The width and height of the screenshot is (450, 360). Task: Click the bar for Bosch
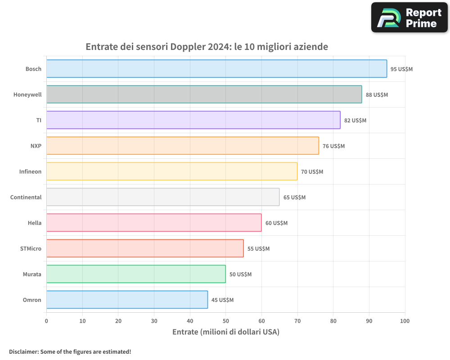216,69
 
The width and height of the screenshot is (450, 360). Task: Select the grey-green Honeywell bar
204,94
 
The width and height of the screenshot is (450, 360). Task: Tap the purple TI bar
193,120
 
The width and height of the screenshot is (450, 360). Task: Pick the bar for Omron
127,300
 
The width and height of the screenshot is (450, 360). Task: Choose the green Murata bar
136,274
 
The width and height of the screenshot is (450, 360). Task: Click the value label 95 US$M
401,69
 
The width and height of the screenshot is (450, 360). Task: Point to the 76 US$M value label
333,146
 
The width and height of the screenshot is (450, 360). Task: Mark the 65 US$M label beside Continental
294,198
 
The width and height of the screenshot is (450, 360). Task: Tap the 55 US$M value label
258,249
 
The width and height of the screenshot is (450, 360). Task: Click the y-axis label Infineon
30,171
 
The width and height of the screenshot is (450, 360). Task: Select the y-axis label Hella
34,223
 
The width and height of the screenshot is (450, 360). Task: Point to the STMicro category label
31,248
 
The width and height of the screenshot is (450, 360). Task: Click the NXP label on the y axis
36,146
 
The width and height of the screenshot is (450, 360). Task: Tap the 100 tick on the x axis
405,321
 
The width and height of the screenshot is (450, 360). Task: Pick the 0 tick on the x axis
46,321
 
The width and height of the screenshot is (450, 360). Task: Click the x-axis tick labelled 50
225,321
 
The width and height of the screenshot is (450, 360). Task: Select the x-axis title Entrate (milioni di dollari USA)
226,332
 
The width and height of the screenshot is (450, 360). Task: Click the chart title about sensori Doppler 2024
207,47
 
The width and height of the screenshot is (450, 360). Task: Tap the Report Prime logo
409,18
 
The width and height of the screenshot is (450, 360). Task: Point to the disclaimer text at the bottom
70,351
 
